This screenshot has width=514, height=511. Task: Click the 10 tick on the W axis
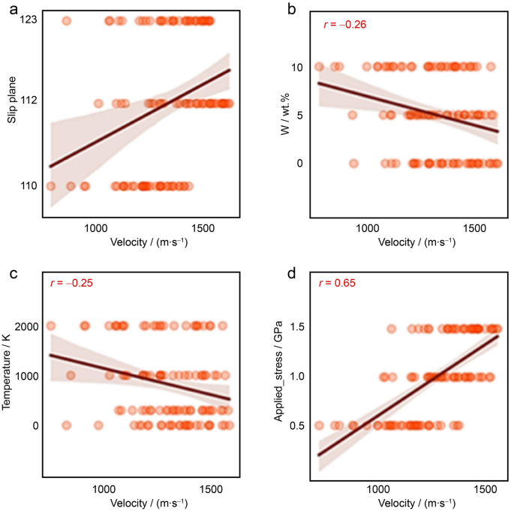[x=297, y=67]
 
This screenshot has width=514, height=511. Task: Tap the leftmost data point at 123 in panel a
[x=66, y=21]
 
